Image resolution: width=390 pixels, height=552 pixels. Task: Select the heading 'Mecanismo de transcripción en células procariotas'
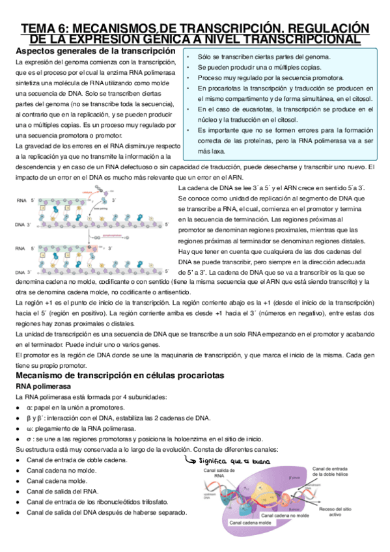(x=110, y=376)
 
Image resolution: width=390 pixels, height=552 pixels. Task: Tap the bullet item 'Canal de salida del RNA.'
(x=63, y=491)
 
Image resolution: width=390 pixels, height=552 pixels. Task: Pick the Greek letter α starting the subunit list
(x=29, y=407)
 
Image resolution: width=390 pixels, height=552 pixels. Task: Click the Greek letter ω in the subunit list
(x=29, y=428)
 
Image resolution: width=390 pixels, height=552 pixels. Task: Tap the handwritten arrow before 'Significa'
(x=191, y=461)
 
